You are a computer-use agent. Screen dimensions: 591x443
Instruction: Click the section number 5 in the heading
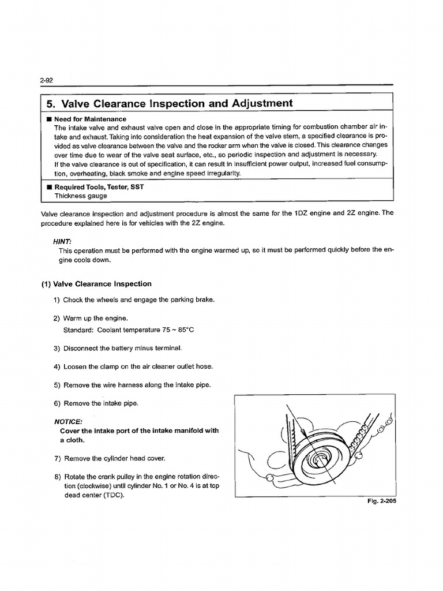tap(50, 104)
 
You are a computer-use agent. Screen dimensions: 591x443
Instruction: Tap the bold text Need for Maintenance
tap(90, 119)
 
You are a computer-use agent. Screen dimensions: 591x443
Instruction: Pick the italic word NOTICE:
tap(68, 421)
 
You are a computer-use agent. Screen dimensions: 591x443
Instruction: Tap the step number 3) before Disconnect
tap(57, 348)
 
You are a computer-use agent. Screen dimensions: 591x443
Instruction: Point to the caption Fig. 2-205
tap(381, 501)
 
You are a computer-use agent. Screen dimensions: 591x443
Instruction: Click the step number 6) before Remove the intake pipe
tap(57, 403)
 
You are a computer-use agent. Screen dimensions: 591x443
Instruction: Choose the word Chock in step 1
tap(73, 300)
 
